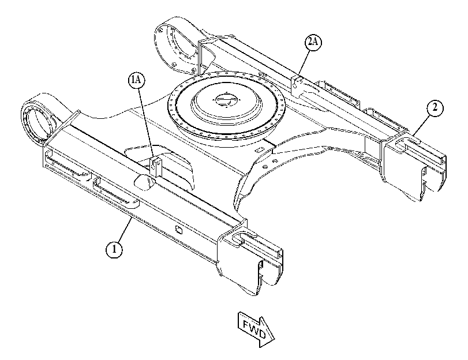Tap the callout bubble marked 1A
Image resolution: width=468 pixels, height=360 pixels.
pos(136,81)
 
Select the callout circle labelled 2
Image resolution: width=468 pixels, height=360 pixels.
pos(435,108)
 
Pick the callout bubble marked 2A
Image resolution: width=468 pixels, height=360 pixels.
pos(313,42)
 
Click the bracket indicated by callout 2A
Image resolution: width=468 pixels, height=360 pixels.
pos(297,85)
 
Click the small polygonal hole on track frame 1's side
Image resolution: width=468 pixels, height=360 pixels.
pos(179,230)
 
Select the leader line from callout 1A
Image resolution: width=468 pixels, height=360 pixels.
pos(145,122)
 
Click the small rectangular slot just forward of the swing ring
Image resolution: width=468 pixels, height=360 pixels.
pos(259,149)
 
